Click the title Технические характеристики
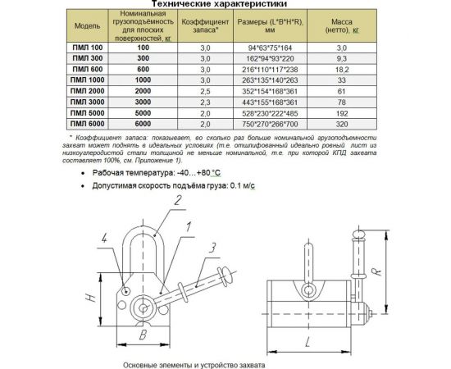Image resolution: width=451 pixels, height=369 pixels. (219, 4)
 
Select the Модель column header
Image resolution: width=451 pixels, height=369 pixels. (88, 26)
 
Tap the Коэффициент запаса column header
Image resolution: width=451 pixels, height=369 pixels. (205, 26)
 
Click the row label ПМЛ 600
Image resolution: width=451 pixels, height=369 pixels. (88, 69)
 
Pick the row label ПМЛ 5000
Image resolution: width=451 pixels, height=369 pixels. (88, 112)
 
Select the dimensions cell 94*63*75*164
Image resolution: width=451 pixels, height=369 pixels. (270, 48)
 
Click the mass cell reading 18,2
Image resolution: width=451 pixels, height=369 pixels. (342, 70)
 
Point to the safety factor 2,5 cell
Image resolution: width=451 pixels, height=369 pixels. (205, 92)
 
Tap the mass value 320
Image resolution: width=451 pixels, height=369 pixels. (342, 125)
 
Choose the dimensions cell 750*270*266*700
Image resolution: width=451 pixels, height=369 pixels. (270, 125)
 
